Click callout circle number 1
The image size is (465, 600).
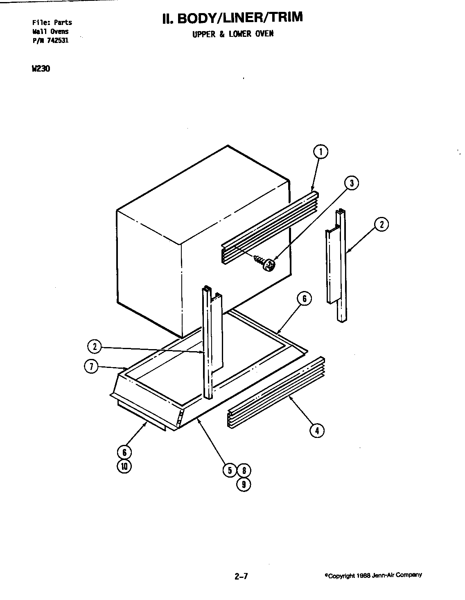point(321,152)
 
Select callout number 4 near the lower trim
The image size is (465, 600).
point(316,430)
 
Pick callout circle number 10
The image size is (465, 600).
point(124,467)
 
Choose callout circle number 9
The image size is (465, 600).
point(244,485)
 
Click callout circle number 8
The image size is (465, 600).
point(244,470)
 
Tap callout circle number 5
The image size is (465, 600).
point(230,470)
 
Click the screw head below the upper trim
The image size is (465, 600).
point(269,266)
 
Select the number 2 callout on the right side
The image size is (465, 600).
point(381,224)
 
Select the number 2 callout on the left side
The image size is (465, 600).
point(94,347)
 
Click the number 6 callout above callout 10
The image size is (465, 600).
point(124,452)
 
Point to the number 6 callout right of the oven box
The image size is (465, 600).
point(304,299)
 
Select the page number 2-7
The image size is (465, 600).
point(241,577)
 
